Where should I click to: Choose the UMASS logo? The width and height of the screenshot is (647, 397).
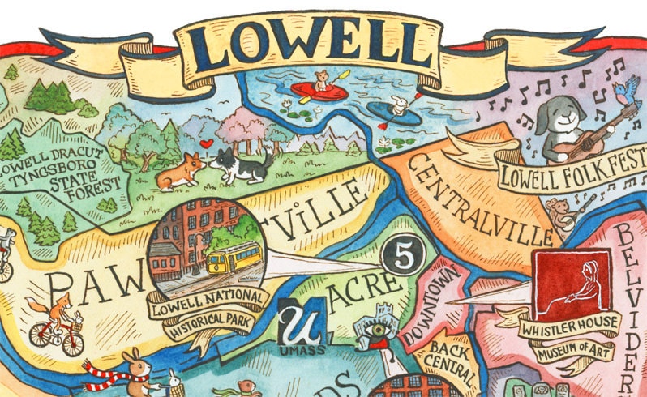click(x=304, y=328)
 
